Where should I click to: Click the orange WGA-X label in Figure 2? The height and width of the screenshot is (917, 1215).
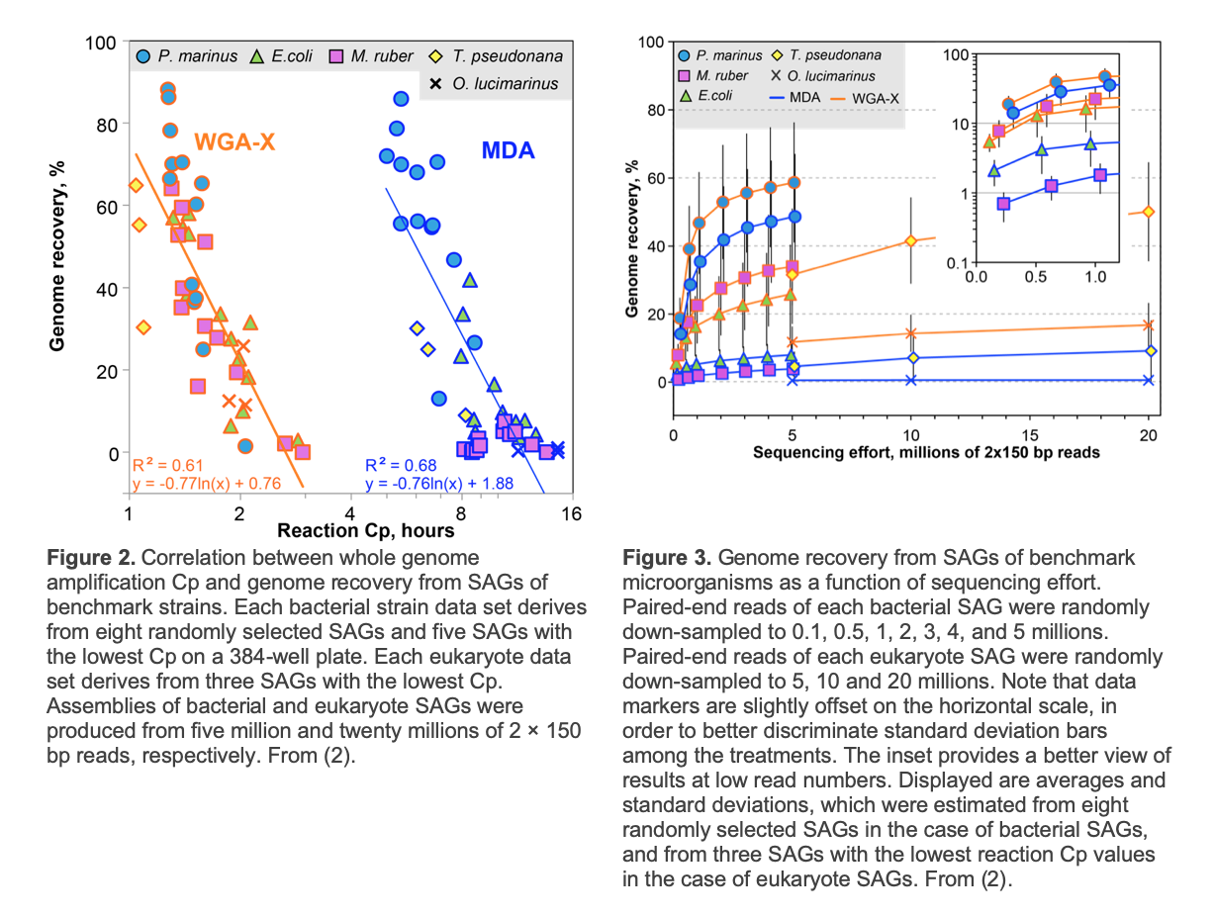click(x=234, y=142)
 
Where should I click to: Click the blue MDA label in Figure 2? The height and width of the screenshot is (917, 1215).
click(x=508, y=150)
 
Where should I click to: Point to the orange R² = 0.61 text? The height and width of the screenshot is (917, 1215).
click(x=168, y=465)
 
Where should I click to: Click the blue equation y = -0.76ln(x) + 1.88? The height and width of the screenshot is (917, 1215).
click(x=439, y=484)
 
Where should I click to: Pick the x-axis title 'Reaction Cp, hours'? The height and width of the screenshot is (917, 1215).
click(x=365, y=530)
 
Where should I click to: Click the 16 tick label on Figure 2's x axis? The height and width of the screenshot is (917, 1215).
click(x=571, y=514)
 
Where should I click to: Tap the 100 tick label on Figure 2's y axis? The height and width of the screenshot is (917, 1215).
click(x=100, y=44)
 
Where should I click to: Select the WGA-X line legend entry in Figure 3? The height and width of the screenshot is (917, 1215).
click(x=865, y=99)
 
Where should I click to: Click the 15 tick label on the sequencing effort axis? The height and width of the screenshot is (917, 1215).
click(x=1030, y=435)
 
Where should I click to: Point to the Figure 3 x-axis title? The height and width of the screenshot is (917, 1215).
click(x=926, y=453)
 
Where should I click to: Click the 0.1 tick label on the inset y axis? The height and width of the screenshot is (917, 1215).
click(x=958, y=263)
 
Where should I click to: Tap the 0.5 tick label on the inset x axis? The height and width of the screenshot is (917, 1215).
click(x=1036, y=277)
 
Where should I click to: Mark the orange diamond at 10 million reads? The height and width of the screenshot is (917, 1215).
click(x=910, y=240)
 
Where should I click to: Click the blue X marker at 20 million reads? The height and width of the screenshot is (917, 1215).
click(x=1149, y=380)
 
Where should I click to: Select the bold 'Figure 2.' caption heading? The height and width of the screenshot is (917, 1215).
click(x=91, y=557)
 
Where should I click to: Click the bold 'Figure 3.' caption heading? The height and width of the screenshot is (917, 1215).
click(x=667, y=557)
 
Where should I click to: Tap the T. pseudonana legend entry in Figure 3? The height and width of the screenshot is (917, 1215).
click(x=826, y=55)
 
